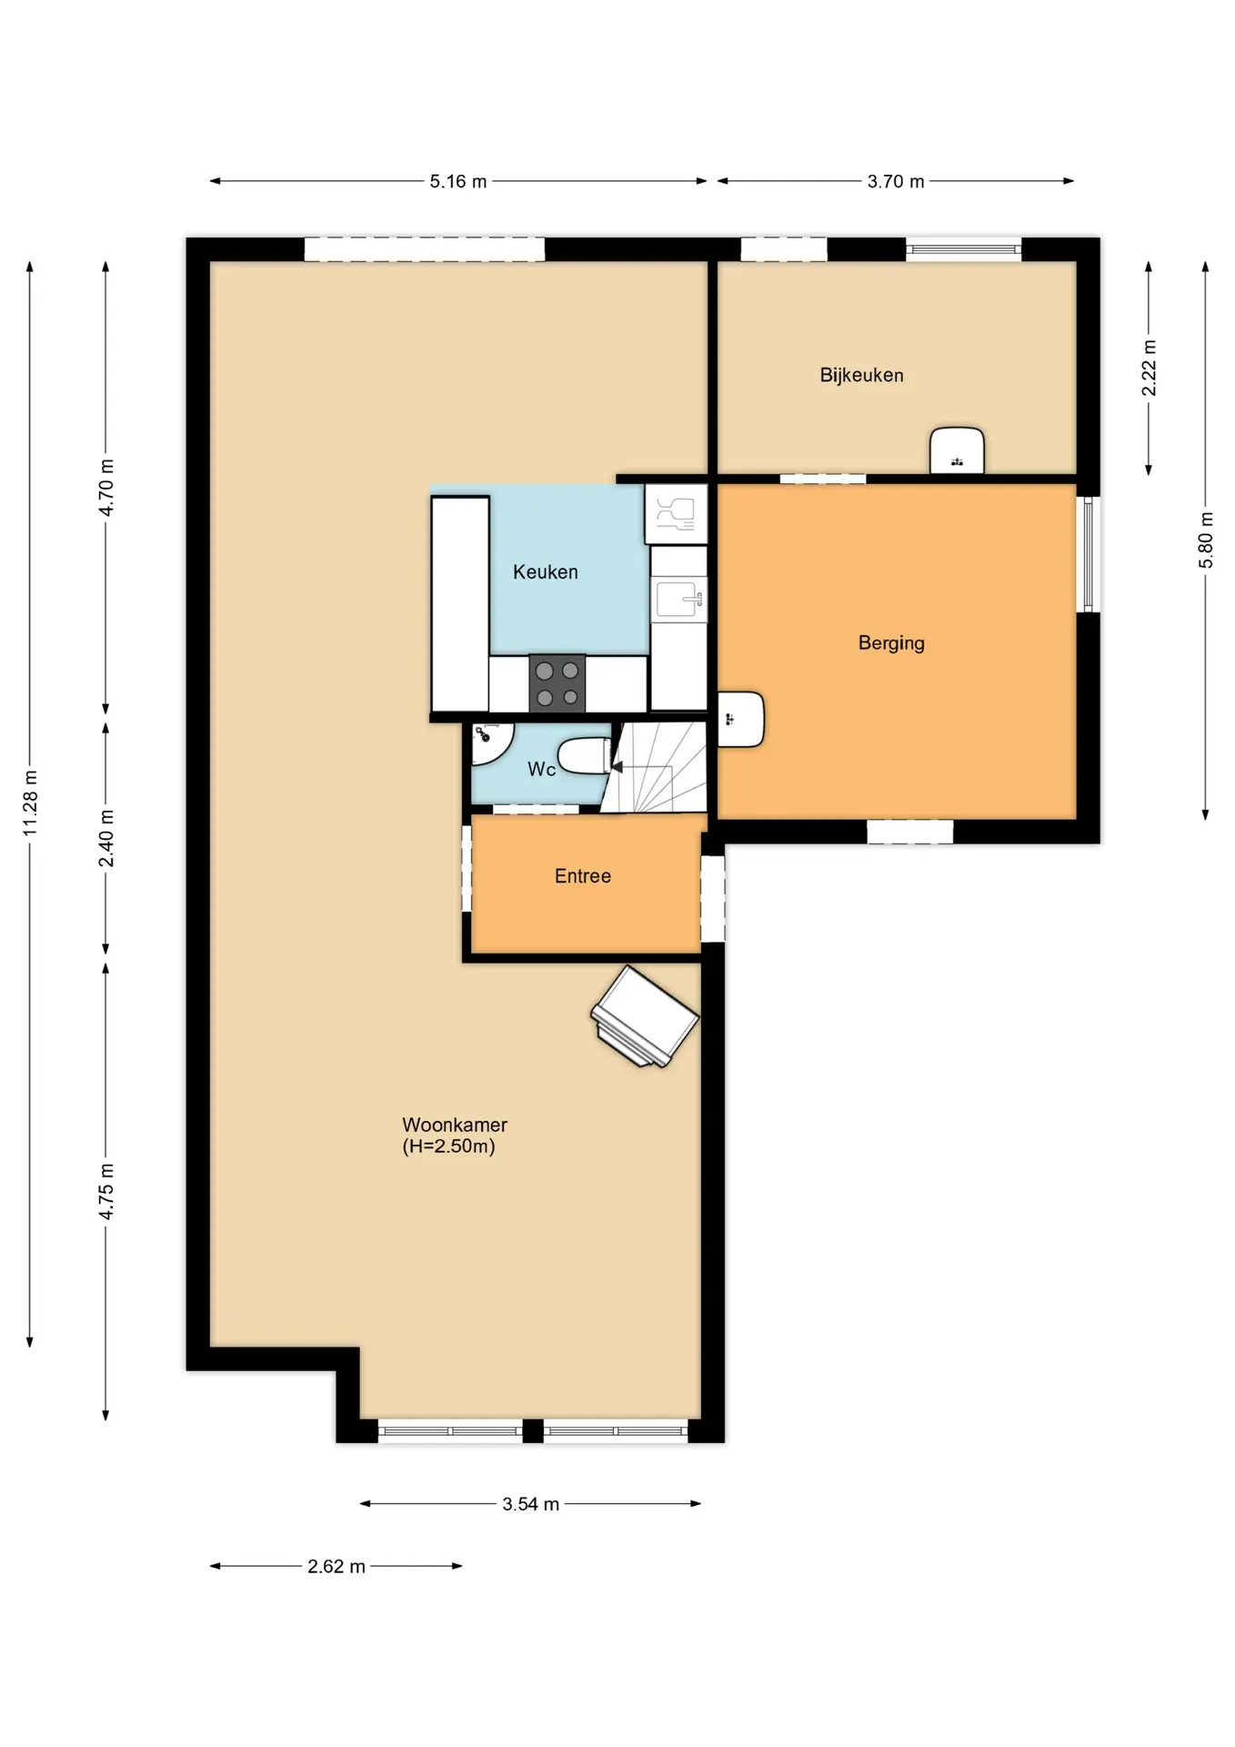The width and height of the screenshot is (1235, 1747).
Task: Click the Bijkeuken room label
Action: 861,375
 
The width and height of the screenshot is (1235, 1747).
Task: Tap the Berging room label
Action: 891,643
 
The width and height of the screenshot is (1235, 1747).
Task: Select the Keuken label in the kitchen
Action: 546,572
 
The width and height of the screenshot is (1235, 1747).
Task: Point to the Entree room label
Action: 583,876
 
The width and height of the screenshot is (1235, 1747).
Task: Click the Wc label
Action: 541,770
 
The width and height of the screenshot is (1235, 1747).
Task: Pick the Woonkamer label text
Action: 455,1125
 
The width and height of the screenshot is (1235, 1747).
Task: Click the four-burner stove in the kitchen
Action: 557,683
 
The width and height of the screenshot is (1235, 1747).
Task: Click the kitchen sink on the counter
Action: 678,599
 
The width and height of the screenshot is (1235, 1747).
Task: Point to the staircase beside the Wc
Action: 655,767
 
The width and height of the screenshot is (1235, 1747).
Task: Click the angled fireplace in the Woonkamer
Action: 645,1016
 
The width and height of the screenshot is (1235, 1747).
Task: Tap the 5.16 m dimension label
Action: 458,181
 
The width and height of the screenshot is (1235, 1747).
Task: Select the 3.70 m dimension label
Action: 896,181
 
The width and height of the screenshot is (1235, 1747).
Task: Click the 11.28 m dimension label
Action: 30,803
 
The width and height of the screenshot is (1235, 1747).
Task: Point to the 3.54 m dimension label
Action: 531,1504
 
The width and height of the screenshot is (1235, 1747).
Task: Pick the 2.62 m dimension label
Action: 336,1566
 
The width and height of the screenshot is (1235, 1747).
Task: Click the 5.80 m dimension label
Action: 1206,540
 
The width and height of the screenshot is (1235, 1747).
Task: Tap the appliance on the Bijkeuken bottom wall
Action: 957,450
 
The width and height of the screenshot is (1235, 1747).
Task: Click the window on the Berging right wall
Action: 1088,554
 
